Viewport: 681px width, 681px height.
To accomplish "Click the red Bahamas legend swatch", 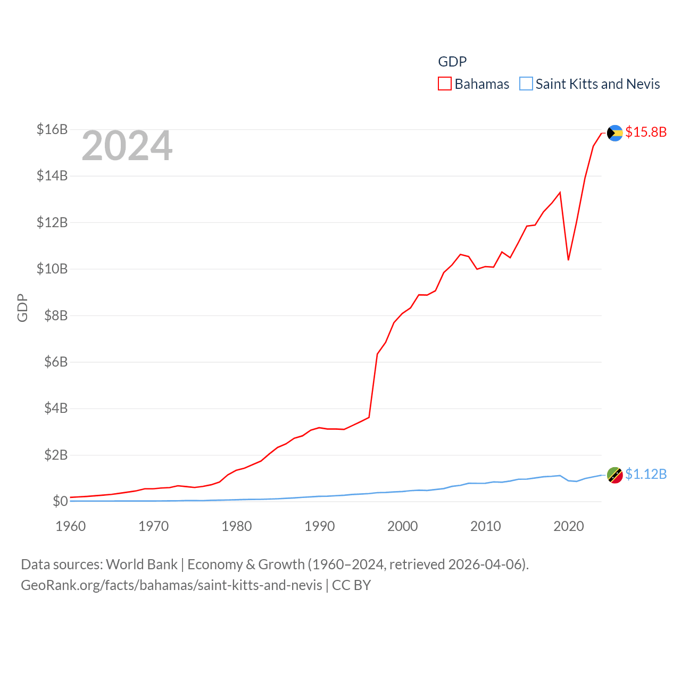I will pos(445,84).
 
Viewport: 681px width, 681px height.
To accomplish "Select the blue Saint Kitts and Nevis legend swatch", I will pos(526,84).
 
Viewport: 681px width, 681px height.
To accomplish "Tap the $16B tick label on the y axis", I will pos(52,129).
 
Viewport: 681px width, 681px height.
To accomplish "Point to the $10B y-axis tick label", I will pos(52,269).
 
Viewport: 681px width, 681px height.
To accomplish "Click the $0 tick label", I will pos(60,501).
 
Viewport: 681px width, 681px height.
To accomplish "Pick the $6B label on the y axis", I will pos(55,362).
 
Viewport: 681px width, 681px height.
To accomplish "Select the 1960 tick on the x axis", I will pos(71,526).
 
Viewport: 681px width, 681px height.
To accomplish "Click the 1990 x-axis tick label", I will pos(320,526).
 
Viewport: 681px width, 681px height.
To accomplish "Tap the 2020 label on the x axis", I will pos(569,526).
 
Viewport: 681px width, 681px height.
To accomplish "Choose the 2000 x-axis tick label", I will pos(403,526).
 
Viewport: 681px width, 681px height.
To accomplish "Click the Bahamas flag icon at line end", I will pos(614,133).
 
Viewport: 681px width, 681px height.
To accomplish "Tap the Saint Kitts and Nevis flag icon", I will pos(614,475).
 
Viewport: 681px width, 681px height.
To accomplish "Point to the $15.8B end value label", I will pos(646,132).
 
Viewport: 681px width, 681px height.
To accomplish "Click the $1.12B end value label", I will pos(646,474).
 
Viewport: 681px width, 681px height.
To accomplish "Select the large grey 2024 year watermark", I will pos(127,146).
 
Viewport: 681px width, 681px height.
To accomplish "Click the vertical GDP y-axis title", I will pos(22,308).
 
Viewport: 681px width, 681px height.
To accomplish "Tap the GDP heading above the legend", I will pos(452,62).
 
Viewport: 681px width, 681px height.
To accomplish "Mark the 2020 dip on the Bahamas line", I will pos(569,260).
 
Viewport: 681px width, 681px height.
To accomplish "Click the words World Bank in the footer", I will pos(142,564).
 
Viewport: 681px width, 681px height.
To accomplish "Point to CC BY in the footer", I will pos(351,585).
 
